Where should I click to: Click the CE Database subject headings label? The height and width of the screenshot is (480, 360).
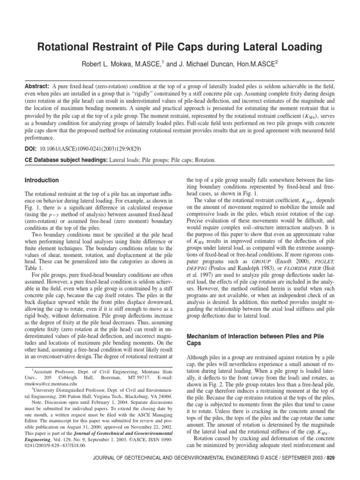click(65, 160)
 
